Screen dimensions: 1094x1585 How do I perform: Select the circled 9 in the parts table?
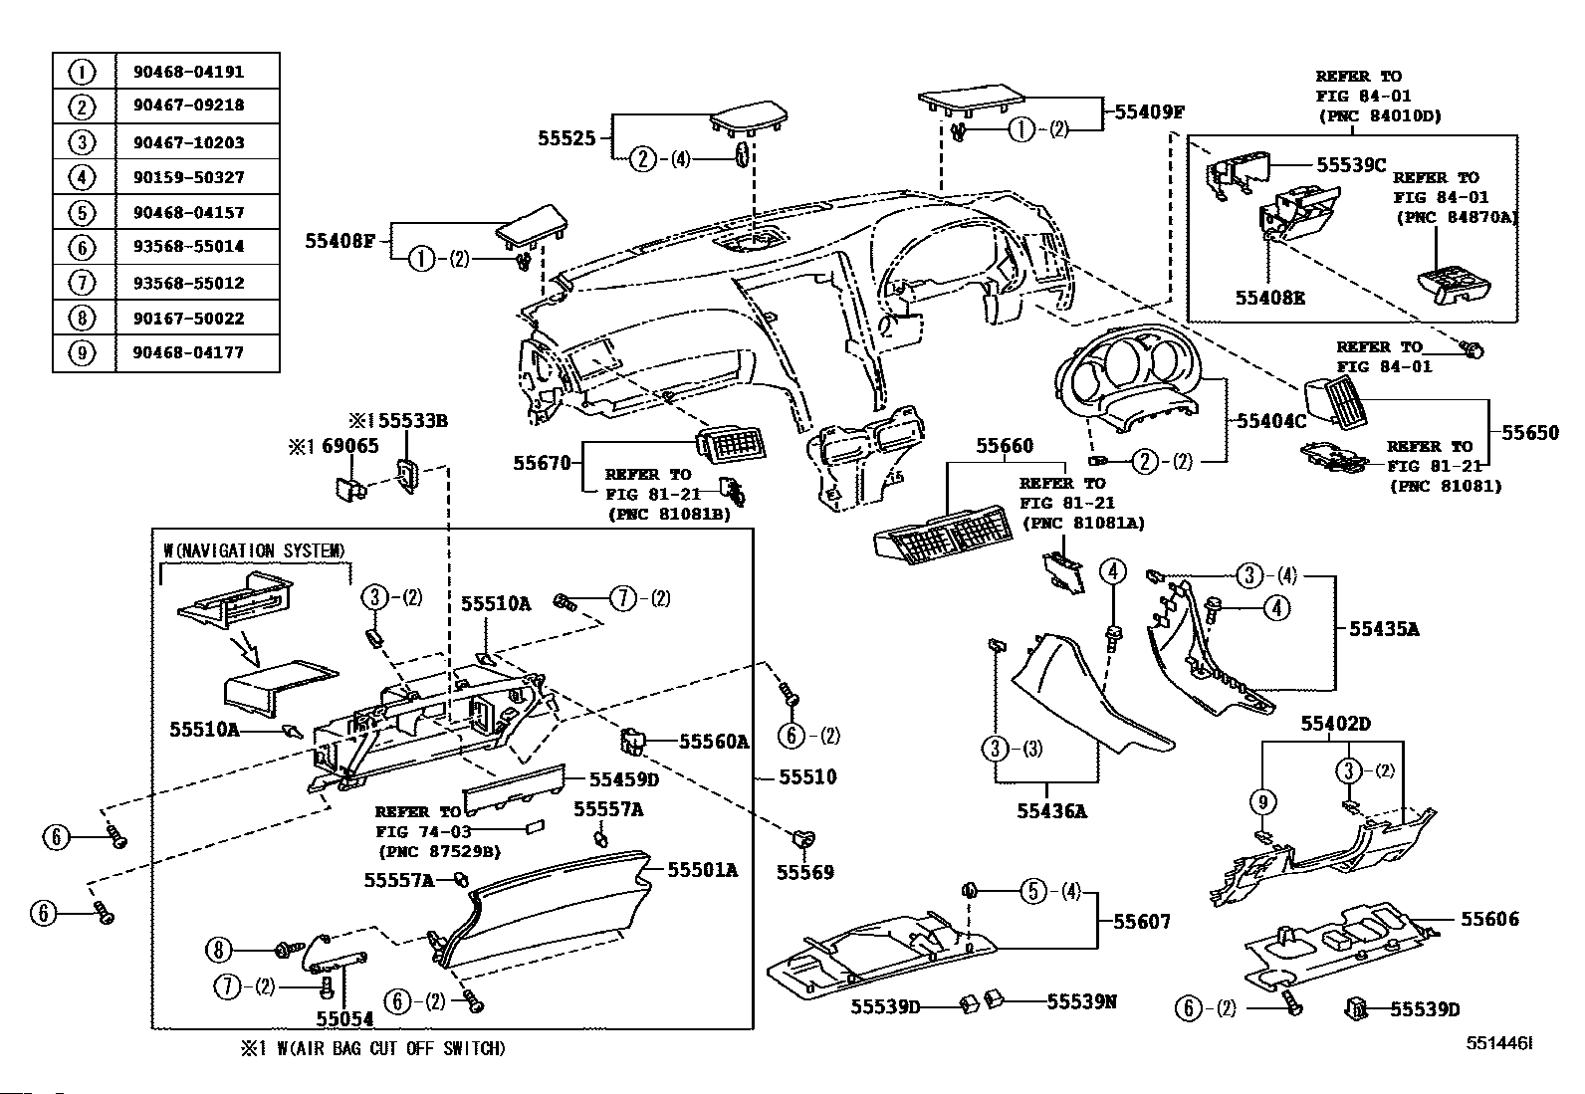pos(82,353)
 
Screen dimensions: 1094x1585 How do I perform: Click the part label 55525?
pos(566,138)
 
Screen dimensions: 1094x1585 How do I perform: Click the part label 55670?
pos(542,463)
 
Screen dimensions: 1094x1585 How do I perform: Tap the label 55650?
pos(1530,433)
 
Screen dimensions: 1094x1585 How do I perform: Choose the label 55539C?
pos(1351,165)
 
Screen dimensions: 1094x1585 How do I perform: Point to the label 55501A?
pos(702,870)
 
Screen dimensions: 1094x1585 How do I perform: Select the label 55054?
pos(344,1018)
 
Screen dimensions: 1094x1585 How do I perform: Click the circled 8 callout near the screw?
pos(219,950)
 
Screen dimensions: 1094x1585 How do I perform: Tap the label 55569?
pos(805,872)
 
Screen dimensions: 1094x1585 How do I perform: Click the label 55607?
pos(1141,923)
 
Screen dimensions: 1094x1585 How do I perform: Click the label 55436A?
pos(1051,811)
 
